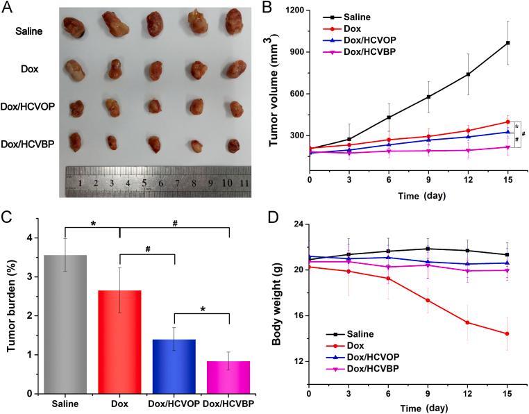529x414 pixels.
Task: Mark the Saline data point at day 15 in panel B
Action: [x=508, y=43]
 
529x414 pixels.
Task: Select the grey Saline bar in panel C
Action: [x=65, y=324]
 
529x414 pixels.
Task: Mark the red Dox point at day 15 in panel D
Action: [x=508, y=333]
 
